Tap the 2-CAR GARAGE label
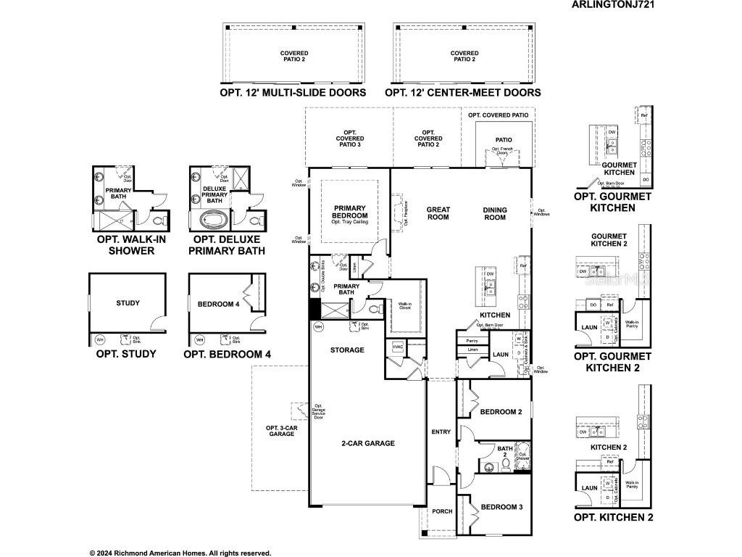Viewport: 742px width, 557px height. [x=368, y=443]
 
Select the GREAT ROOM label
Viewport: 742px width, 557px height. [x=438, y=213]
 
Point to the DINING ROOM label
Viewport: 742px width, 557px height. [x=495, y=213]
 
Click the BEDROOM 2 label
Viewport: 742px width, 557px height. [x=501, y=412]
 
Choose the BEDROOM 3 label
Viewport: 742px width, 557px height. [x=501, y=507]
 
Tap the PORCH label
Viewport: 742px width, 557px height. [x=442, y=511]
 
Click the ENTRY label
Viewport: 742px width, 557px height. [x=441, y=432]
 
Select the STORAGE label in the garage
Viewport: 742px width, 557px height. [x=347, y=350]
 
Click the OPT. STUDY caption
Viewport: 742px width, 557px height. [x=126, y=355]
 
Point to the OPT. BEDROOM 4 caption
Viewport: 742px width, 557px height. [x=227, y=355]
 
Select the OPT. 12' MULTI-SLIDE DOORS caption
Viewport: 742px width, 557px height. [x=293, y=93]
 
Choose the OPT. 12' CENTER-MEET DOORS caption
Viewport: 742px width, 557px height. [x=462, y=93]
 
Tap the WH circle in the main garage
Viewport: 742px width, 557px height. [x=318, y=328]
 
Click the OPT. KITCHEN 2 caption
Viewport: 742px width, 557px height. [x=613, y=517]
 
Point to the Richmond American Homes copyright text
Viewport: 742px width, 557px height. [x=180, y=553]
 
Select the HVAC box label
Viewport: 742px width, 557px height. [x=397, y=347]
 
